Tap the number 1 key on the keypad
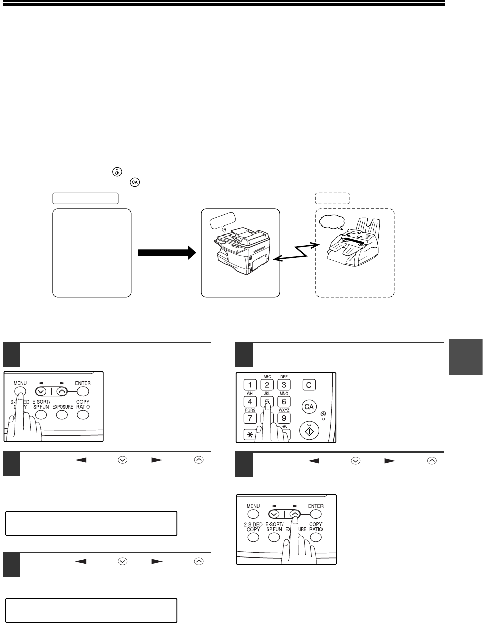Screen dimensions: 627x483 tap(250, 385)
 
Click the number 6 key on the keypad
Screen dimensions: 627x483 tap(284, 402)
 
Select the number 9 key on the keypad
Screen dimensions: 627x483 tap(284, 418)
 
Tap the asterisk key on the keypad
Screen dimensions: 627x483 tap(250, 434)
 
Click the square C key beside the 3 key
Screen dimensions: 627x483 tap(309, 385)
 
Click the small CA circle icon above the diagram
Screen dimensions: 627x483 tap(134, 181)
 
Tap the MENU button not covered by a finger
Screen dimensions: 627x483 tap(253, 514)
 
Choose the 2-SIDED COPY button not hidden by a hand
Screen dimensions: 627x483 tap(253, 537)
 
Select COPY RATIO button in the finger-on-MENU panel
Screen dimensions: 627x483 tap(83, 415)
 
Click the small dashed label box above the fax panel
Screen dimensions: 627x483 tap(332, 198)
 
